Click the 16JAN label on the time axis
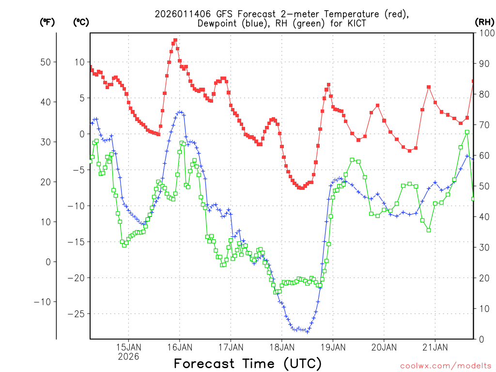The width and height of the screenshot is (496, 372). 180,347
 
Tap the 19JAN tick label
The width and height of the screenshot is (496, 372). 333,347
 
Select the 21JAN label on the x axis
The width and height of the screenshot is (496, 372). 435,347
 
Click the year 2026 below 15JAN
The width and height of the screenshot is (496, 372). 128,356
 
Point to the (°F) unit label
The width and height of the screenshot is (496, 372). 47,22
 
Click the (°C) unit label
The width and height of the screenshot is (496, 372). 81,22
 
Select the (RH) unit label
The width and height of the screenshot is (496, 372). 484,22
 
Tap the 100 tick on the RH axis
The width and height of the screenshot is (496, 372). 484,33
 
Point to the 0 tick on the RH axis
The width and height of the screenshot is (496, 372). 480,339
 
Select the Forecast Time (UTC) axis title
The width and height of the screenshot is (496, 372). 248,363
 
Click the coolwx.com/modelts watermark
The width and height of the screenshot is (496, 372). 445,366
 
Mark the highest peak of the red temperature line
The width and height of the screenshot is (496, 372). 175,40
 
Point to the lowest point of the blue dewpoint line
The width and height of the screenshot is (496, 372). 307,332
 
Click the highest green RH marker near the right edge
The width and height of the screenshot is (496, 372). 467,132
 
